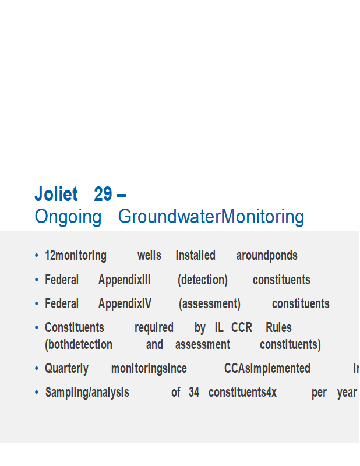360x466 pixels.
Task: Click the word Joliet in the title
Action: coord(56,194)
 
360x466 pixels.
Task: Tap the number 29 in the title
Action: coord(103,194)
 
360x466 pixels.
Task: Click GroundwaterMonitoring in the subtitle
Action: coord(211,217)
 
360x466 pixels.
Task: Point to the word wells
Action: coord(149,256)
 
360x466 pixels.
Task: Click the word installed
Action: coord(195,256)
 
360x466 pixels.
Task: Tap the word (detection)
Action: coord(203,280)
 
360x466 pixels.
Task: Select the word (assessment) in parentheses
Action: coord(210,304)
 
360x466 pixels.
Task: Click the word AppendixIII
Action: coord(124,280)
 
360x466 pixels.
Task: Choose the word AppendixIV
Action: coord(125,304)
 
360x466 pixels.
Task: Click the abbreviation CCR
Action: coord(242,327)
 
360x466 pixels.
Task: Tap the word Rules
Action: coord(278,327)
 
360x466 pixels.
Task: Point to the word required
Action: coord(154,328)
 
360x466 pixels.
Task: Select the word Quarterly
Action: coord(66,369)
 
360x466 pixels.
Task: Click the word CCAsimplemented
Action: coord(267,369)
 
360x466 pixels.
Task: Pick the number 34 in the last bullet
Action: coord(194,392)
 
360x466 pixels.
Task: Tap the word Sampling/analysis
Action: coord(87,393)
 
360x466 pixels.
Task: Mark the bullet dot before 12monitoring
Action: coord(37,255)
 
